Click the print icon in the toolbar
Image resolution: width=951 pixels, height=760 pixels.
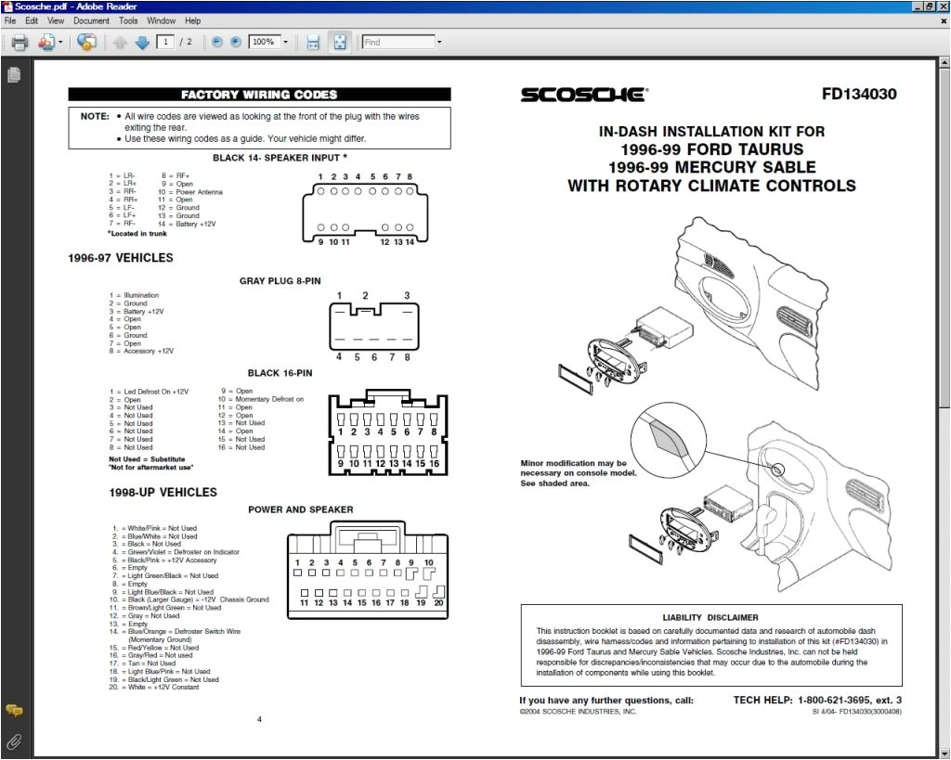point(19,42)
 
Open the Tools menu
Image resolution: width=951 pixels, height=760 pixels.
point(128,20)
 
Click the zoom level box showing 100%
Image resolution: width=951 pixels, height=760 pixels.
point(267,42)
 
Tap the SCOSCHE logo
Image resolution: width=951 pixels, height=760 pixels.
point(583,95)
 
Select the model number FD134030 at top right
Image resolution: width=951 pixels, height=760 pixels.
point(859,94)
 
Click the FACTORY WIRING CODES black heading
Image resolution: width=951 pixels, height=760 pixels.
point(259,95)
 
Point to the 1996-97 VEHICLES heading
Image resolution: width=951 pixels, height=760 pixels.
point(120,258)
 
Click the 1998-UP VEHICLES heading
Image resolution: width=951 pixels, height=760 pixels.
point(163,492)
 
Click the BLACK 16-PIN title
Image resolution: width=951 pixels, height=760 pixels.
point(280,373)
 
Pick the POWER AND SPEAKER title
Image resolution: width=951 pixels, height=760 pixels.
point(300,509)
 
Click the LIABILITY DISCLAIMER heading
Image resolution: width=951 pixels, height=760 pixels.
point(710,617)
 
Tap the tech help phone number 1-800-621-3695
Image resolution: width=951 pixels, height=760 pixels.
point(840,701)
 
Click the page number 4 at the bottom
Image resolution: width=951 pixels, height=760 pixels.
point(259,719)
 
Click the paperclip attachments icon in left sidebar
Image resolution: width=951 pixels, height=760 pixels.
point(13,741)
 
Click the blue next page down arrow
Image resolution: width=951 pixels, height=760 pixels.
point(142,42)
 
